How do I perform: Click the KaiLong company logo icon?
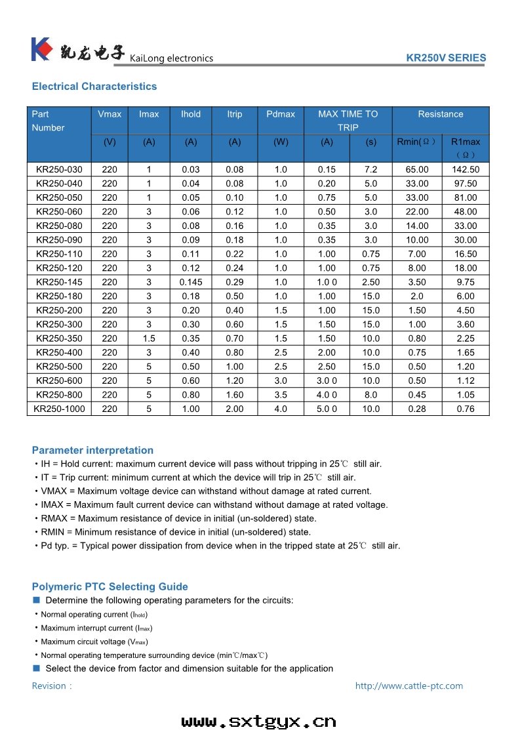41,50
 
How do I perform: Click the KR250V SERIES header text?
446,58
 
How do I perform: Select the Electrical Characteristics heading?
94,87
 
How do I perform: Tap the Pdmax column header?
281,114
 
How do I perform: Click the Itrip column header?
235,114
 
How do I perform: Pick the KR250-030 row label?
60,169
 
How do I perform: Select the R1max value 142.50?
466,169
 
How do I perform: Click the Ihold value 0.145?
191,282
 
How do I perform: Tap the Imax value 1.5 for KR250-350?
149,338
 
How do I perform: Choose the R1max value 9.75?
466,282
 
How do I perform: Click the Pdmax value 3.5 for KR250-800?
281,395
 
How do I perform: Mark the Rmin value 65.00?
417,169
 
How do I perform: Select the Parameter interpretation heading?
92,450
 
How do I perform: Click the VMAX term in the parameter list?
54,491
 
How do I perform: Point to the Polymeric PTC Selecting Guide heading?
110,586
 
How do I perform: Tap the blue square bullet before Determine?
37,600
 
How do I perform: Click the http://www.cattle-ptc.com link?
409,686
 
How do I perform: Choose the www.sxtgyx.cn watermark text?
259,722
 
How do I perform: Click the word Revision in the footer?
49,686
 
